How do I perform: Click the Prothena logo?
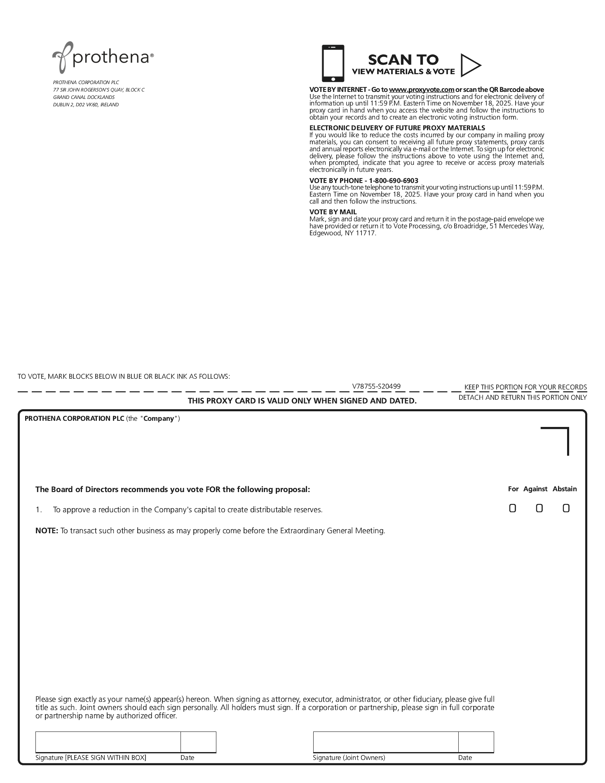click(x=103, y=57)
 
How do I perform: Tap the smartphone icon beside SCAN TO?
click(x=333, y=63)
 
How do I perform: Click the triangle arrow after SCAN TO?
click(x=470, y=65)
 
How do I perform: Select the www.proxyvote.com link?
click(x=421, y=90)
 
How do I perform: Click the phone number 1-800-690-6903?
click(x=393, y=181)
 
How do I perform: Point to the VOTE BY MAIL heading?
click(x=333, y=212)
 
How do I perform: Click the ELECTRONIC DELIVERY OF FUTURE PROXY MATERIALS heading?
click(x=397, y=128)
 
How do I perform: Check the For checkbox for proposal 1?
click(x=512, y=509)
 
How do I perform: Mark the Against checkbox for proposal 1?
click(x=539, y=509)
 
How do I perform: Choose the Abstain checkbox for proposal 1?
click(x=566, y=509)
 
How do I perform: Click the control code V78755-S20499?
click(x=376, y=386)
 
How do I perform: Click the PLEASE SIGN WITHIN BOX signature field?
click(x=108, y=742)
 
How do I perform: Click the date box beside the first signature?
click(x=198, y=742)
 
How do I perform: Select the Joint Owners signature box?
click(x=385, y=742)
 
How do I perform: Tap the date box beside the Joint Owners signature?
click(x=476, y=742)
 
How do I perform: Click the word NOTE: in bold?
click(x=47, y=531)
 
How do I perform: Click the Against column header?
click(x=535, y=489)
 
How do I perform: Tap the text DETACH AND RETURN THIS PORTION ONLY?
click(x=522, y=397)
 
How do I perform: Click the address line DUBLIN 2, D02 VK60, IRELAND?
click(x=86, y=105)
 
